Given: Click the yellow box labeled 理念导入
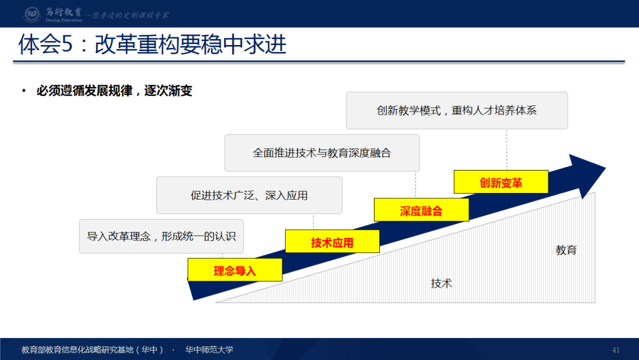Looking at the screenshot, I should tap(235, 270).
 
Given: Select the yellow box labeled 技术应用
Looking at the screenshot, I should tap(332, 242).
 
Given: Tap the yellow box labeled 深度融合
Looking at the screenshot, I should tap(421, 210).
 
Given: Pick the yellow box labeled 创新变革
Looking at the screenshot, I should tap(501, 182).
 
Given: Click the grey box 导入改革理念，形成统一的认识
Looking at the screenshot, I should tap(162, 236).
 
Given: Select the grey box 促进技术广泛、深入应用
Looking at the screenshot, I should tap(249, 195).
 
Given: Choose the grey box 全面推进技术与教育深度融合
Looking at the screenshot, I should tap(322, 153).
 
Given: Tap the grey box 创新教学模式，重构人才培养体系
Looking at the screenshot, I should tap(457, 110).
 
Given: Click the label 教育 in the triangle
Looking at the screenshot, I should tap(566, 250).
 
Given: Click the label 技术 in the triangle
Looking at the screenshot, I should tap(441, 283).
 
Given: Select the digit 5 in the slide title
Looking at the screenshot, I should tap(66, 45).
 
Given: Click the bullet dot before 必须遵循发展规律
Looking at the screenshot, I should tap(24, 91).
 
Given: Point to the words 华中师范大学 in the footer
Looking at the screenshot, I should tap(209, 350).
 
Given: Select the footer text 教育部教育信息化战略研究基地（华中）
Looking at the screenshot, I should tap(92, 350).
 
